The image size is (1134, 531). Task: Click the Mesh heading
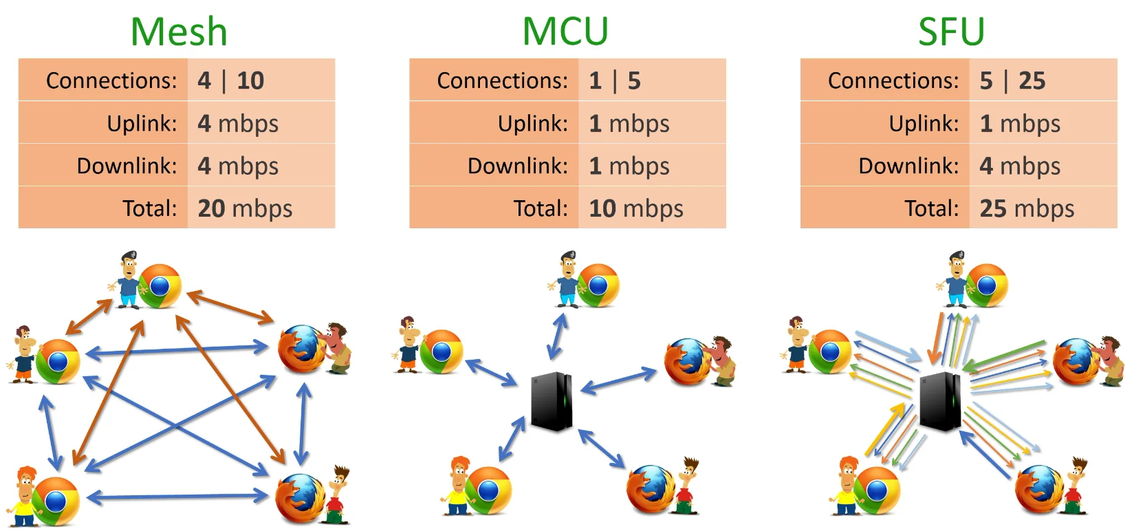pos(179,32)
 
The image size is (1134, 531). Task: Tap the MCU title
pos(565,32)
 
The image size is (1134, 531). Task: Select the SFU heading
pos(951,32)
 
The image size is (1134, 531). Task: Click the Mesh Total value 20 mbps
pos(245,208)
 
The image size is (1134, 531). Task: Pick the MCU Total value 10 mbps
pos(636,208)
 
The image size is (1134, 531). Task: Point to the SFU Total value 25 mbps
pos(1027,208)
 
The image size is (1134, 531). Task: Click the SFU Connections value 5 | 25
pos(1012,80)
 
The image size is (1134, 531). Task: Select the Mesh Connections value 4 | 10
pos(231,80)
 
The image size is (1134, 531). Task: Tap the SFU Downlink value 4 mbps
pos(1020,166)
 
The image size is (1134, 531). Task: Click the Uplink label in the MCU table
pos(532,124)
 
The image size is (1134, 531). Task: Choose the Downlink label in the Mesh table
pos(127,166)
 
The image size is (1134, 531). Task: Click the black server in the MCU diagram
pos(552,401)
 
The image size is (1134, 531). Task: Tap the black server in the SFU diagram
pos(940,401)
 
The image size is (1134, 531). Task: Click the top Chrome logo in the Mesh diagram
pos(160,286)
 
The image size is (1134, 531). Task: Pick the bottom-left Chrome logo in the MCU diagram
pos(488,490)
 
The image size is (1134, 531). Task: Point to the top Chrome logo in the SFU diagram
pos(986,285)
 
